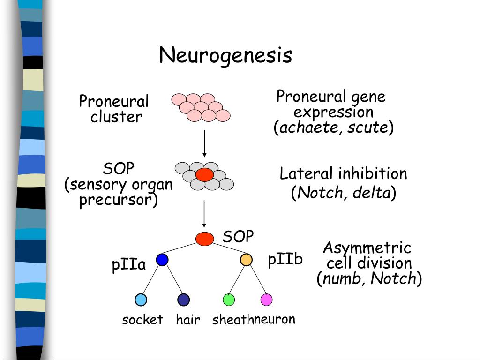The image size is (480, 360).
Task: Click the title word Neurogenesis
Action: click(225, 56)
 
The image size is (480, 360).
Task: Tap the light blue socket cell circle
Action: click(141, 300)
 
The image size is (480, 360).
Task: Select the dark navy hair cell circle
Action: click(183, 300)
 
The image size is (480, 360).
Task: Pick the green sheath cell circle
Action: click(229, 300)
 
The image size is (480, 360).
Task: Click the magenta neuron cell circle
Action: click(266, 300)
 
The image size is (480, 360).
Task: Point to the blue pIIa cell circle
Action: click(162, 260)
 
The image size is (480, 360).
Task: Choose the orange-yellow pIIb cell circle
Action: click(246, 260)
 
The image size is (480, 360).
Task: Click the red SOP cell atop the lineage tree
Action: click(204, 239)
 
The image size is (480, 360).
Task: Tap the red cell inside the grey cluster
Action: click(204, 175)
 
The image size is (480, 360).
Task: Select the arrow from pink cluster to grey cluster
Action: click(204, 143)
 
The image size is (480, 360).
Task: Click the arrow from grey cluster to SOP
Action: click(204, 213)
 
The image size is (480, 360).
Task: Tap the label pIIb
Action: click(285, 260)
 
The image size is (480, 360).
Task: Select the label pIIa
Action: click(129, 265)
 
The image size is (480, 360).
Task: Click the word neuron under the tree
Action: click(275, 320)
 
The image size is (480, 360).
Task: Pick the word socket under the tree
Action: click(142, 320)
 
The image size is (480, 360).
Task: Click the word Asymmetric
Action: click(367, 248)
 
